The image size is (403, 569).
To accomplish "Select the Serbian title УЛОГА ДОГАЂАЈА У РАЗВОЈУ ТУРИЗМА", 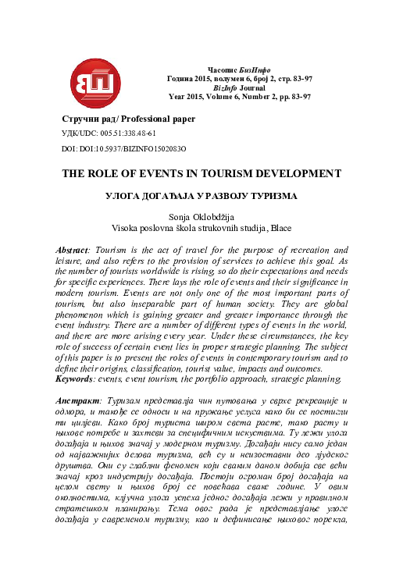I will [201, 198].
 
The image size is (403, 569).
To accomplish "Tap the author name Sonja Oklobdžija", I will [201, 217].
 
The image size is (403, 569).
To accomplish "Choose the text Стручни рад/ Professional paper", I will [128, 119].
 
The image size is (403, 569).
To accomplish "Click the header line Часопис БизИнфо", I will [239, 70].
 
